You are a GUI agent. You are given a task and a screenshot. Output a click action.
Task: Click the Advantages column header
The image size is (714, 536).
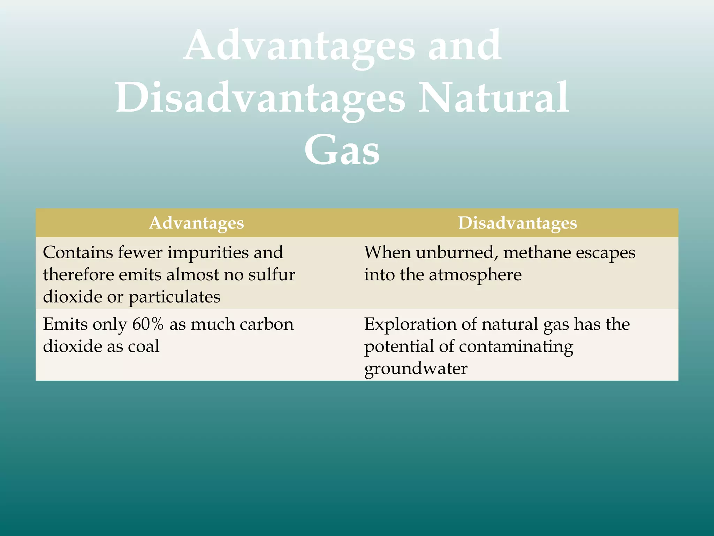[x=196, y=223]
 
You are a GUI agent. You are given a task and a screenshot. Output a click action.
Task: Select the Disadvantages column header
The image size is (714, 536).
[x=517, y=223]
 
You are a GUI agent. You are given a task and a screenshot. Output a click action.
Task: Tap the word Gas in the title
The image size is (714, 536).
[x=342, y=150]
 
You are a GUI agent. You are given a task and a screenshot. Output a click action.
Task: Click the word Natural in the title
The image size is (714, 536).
[x=493, y=97]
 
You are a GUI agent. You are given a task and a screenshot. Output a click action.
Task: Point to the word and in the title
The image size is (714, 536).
[x=464, y=45]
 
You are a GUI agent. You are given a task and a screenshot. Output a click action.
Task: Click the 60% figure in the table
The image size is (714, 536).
[x=148, y=324]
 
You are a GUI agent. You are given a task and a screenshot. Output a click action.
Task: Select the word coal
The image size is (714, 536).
[x=144, y=346]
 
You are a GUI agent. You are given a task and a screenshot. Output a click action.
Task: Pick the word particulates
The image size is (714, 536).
[x=174, y=297]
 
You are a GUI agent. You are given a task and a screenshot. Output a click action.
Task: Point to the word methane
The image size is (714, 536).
[x=532, y=252]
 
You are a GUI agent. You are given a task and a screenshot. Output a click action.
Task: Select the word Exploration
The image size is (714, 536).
[x=410, y=324]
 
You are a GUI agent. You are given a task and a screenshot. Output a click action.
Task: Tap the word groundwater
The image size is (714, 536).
[x=416, y=369]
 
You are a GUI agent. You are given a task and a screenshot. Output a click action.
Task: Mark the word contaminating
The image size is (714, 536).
[x=516, y=347]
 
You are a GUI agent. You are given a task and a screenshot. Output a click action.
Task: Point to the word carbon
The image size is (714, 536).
[x=267, y=324]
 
